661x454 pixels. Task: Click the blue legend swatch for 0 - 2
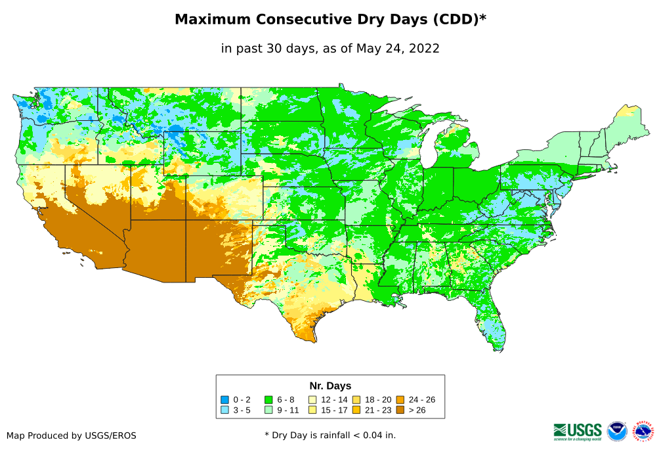pos(224,399)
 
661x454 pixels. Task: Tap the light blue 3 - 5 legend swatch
pos(224,410)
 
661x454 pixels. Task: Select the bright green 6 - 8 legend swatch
pos(268,399)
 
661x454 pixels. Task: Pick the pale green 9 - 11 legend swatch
pos(268,410)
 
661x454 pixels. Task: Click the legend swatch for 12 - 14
pos(312,399)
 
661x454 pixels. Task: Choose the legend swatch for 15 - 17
pos(312,410)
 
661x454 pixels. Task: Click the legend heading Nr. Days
pos(330,386)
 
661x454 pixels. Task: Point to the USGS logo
pos(578,431)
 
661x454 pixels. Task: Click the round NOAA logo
pos(617,431)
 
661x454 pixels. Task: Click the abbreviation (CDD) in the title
pos(454,20)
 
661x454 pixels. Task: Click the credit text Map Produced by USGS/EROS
pos(72,436)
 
